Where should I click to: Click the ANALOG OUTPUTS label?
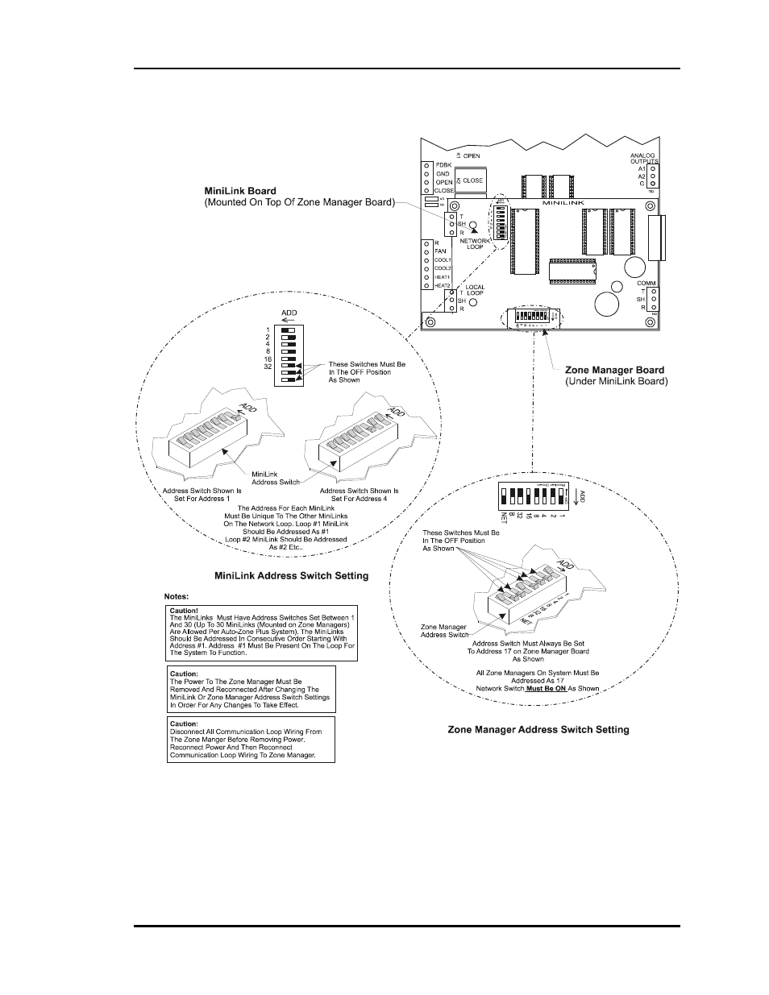[x=643, y=158]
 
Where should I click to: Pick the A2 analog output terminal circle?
[x=653, y=176]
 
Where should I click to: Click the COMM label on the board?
[x=646, y=284]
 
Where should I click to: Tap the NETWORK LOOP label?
[x=475, y=243]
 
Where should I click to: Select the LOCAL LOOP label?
[x=475, y=290]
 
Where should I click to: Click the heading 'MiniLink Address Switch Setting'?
[x=291, y=575]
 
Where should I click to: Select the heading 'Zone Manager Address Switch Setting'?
[x=538, y=730]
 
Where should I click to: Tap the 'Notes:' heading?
[x=177, y=596]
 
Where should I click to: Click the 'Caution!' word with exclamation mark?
[x=184, y=610]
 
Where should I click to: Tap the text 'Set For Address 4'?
[x=359, y=499]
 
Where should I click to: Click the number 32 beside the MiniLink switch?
[x=268, y=367]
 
